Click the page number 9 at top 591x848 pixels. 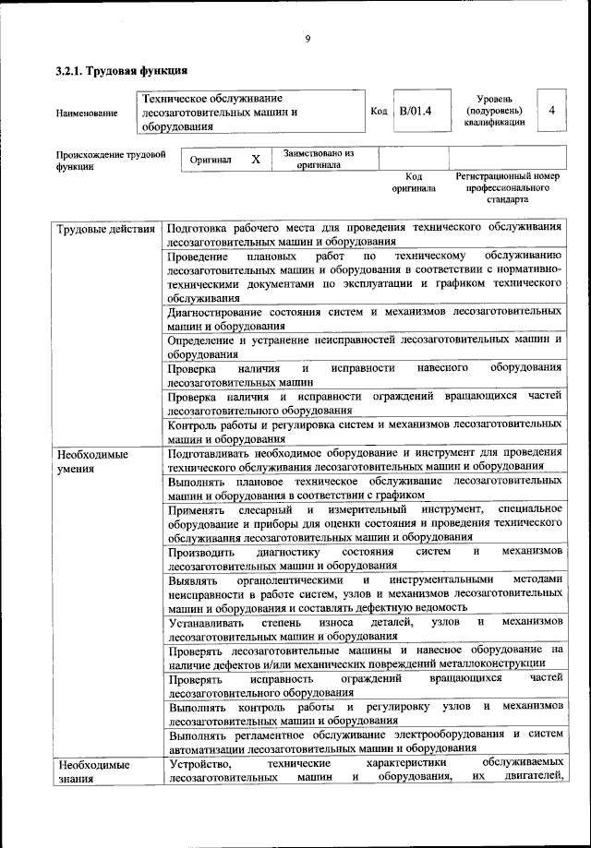pos(308,38)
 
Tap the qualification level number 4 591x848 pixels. pos(550,111)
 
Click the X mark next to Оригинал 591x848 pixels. pos(256,160)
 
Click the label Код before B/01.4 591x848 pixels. pos(378,112)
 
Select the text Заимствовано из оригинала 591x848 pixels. pos(319,159)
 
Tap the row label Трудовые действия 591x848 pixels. pos(105,228)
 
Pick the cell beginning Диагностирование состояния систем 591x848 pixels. pos(365,318)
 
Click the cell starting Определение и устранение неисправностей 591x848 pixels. pos(365,346)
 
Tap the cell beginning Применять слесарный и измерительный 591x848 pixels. pos(365,522)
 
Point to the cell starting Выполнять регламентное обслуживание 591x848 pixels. pos(365,741)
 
